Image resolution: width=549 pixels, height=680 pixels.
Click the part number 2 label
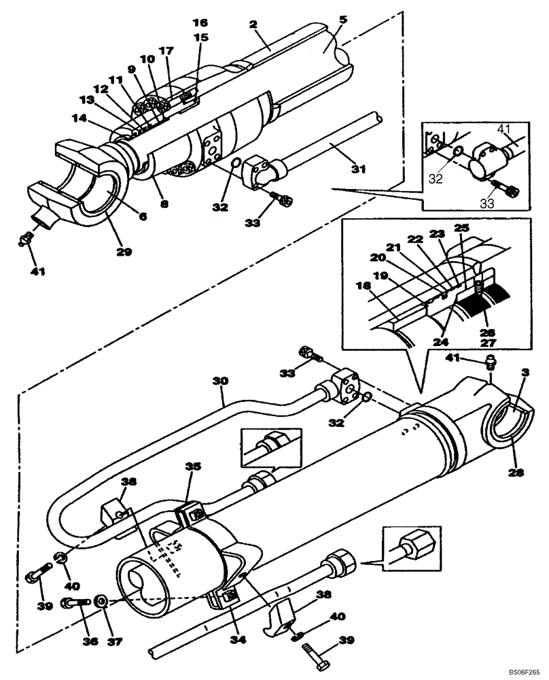(x=253, y=24)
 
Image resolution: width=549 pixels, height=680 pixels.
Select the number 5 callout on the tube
(x=343, y=20)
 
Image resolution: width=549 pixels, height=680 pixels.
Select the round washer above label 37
(x=101, y=601)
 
